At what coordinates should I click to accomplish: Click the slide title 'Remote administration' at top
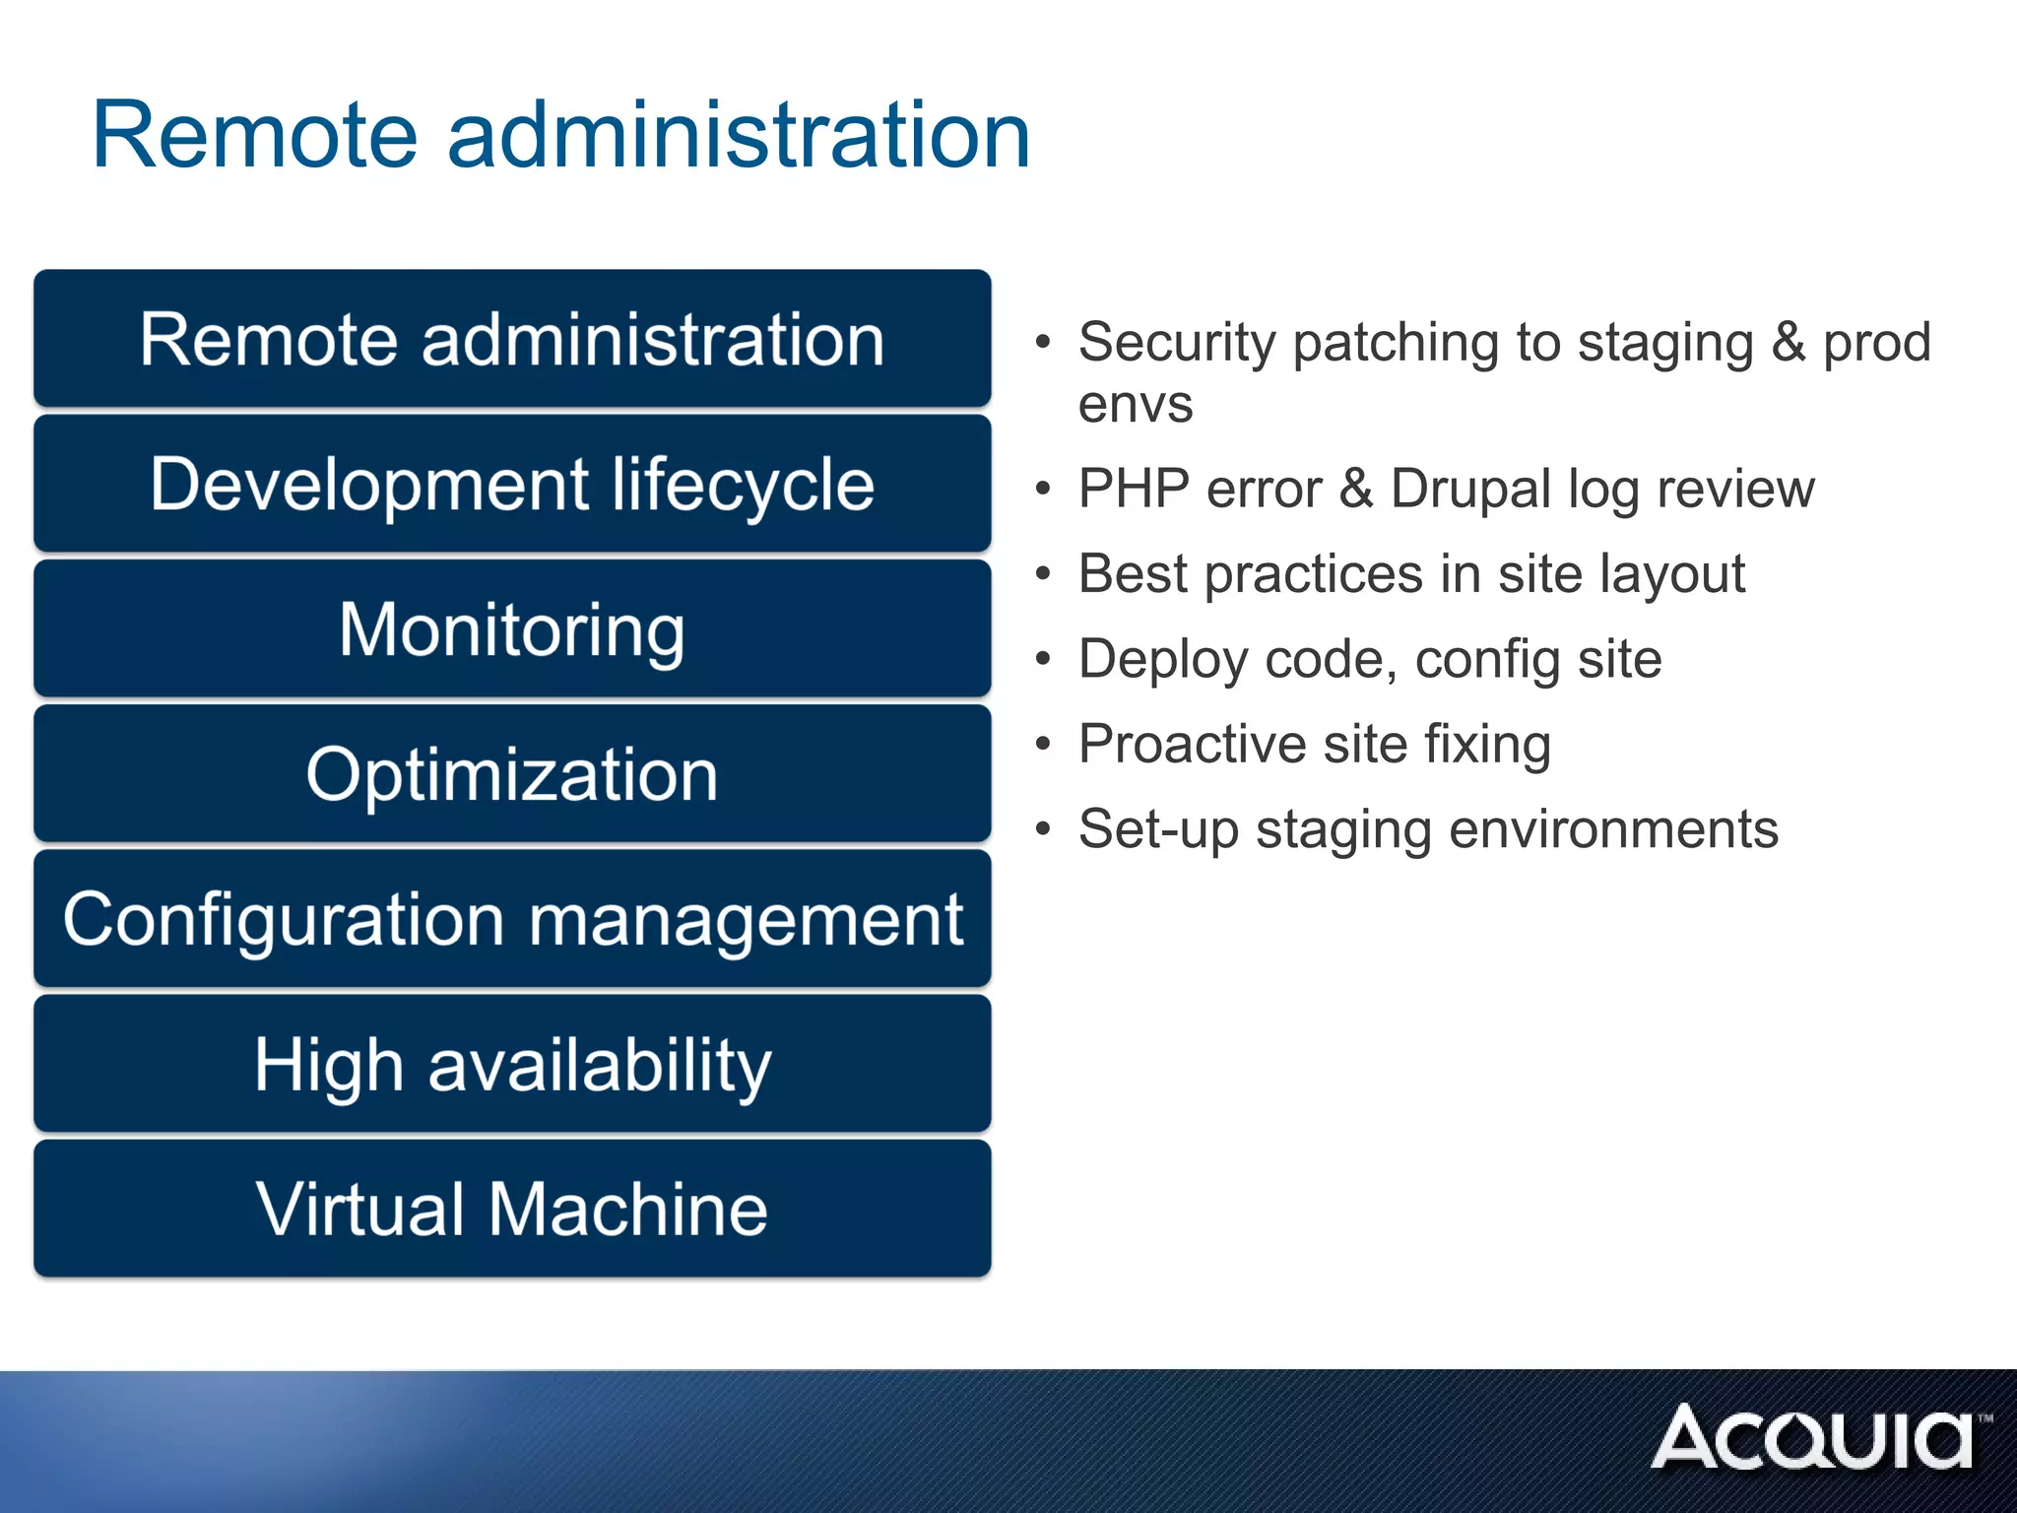[560, 135]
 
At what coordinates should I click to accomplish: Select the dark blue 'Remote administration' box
[512, 339]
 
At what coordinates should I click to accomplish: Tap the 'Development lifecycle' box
[512, 484]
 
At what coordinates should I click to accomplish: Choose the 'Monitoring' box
[512, 628]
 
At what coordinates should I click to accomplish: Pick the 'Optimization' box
[512, 774]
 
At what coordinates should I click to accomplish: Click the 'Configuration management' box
[512, 919]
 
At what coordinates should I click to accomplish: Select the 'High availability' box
[512, 1064]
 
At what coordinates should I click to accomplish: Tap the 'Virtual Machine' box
[512, 1209]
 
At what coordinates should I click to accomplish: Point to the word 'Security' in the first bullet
[1177, 344]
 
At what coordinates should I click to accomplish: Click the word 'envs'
[1135, 405]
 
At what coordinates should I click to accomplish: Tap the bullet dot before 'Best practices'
[1044, 573]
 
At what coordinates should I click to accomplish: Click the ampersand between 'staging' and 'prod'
[1788, 343]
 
